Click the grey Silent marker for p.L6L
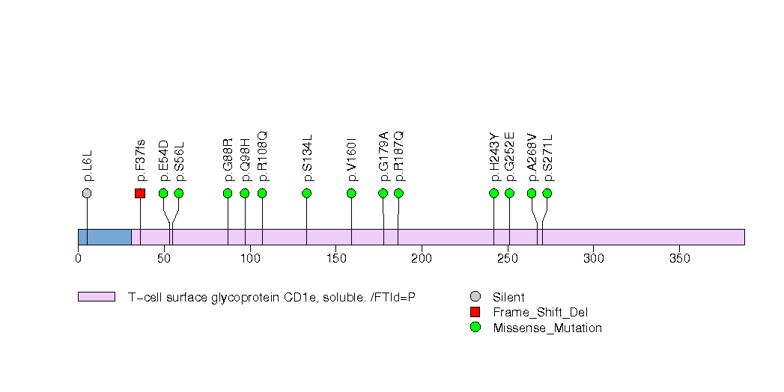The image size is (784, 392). coord(87,193)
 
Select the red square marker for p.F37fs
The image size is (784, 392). coord(140,193)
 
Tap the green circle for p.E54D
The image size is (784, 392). coord(163,193)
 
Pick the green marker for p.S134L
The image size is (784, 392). coord(306,193)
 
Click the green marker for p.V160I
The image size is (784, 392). coord(351,193)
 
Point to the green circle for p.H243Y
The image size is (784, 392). coord(493,193)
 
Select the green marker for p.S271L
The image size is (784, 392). coord(547,193)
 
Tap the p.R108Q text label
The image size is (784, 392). coord(262,156)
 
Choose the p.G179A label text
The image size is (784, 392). coord(383,156)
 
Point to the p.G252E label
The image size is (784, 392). coord(510,156)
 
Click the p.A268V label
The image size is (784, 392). coord(532,157)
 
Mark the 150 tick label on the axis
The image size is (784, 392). coord(335,258)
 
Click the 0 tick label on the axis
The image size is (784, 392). coord(78,258)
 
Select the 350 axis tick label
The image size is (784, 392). coord(678,258)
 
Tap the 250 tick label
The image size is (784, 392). coord(507,258)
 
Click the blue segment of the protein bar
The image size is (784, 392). coord(105,236)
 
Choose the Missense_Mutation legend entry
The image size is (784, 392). coord(547,328)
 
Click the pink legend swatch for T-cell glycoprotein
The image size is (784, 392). coord(96,297)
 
